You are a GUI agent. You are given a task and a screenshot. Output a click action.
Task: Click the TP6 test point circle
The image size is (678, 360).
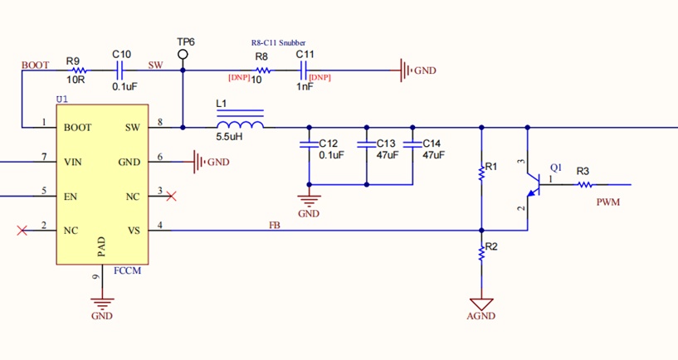(x=183, y=54)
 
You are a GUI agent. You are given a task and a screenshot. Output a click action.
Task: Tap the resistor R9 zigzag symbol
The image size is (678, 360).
(x=79, y=71)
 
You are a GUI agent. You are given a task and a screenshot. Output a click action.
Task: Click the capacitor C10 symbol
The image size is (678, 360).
(x=120, y=71)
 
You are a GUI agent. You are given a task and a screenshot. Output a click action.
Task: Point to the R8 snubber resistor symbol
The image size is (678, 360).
(x=262, y=71)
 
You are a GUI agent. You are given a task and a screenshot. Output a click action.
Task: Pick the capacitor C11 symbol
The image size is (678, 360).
(x=304, y=71)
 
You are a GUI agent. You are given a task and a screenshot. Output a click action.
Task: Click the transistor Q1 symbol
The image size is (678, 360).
(x=534, y=184)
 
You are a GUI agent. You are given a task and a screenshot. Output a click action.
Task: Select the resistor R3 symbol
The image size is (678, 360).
(x=585, y=184)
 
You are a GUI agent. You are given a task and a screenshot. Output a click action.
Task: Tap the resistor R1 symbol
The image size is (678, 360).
(x=481, y=172)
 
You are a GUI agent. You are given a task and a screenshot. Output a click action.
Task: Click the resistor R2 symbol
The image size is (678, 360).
(x=481, y=253)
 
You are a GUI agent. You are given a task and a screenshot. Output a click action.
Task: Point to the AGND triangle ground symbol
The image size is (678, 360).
(x=481, y=304)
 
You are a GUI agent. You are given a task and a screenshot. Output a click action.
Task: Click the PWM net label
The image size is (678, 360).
(x=608, y=202)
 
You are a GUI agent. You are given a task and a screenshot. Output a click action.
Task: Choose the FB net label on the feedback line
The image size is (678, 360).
(x=275, y=225)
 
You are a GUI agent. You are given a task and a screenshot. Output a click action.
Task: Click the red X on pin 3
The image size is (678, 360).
(x=171, y=197)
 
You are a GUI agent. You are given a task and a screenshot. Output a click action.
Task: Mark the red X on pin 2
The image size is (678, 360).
(x=22, y=231)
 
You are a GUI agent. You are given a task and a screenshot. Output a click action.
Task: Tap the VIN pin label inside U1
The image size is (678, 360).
(x=73, y=162)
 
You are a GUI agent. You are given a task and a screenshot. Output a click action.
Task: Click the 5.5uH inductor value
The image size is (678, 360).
(x=229, y=137)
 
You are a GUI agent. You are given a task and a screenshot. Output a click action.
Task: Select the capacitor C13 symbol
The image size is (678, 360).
(x=367, y=144)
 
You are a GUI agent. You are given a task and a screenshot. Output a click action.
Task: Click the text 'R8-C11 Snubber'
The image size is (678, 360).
(x=279, y=43)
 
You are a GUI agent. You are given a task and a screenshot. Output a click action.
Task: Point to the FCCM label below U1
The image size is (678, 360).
(x=127, y=271)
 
